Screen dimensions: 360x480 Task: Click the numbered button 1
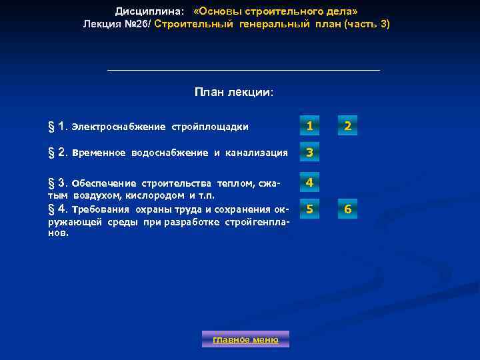[309, 126]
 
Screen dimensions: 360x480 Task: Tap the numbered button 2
[347, 126]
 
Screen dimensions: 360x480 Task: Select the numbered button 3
[309, 153]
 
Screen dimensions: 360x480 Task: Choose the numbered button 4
[309, 182]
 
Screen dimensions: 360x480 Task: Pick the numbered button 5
[309, 211]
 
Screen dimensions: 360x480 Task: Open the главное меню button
[245, 339]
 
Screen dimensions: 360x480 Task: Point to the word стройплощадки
[211, 127]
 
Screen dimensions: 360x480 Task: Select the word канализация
[257, 153]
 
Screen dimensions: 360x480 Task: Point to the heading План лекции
[234, 92]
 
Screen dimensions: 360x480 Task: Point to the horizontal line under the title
[243, 70]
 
